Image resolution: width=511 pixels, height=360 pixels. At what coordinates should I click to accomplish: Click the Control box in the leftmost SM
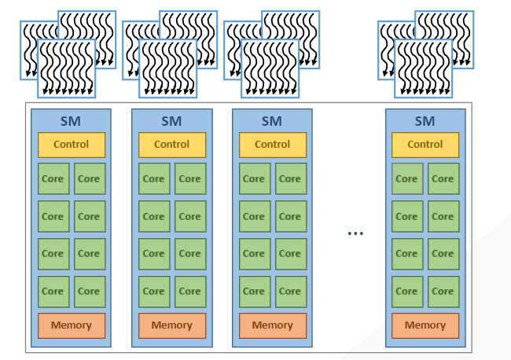pos(71,145)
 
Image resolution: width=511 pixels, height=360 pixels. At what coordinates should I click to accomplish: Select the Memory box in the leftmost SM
pos(71,325)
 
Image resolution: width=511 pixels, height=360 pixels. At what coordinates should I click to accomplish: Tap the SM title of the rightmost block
pos(425,121)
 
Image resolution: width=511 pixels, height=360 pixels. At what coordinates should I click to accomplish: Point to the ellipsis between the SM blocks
pos(355,233)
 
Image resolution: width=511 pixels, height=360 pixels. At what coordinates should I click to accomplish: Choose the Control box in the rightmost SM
pos(425,145)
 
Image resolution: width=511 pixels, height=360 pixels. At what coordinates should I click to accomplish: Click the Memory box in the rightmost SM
pos(425,325)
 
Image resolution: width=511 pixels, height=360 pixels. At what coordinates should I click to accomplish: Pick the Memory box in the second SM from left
pos(171,325)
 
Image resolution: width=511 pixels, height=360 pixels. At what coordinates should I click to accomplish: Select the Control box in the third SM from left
pos(272,145)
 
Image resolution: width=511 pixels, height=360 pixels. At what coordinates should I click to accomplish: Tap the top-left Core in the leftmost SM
pos(53,178)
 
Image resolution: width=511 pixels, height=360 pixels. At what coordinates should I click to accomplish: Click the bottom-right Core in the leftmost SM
pos(89,291)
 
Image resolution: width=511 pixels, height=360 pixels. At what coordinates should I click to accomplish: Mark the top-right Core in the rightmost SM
pos(443,178)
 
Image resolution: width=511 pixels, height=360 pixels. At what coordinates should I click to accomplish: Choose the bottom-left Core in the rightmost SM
pos(406,291)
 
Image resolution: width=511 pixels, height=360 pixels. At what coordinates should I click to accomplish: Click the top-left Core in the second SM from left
pos(153,178)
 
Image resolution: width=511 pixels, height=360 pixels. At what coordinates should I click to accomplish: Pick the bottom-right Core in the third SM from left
pos(290,291)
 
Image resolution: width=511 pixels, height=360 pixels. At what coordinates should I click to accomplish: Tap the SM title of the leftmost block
pos(71,121)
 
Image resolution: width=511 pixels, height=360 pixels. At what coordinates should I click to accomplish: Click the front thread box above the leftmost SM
pos(66,69)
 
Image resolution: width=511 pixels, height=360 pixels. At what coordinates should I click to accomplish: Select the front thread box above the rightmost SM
pos(423,69)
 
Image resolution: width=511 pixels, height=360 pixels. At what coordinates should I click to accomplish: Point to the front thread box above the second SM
pos(167,69)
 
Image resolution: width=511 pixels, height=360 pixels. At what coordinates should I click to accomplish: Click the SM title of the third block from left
pos(272,121)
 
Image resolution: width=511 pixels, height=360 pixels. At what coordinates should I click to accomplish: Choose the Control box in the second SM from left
pos(171,145)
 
